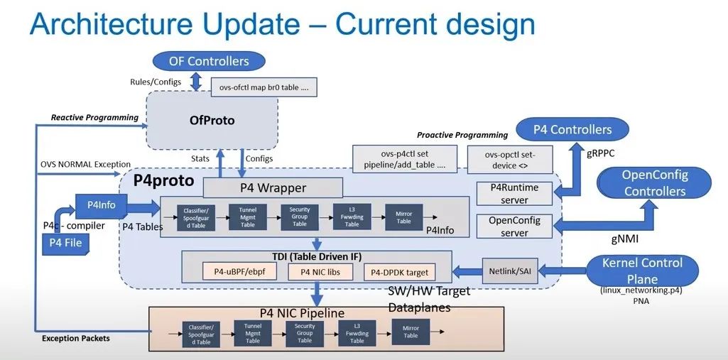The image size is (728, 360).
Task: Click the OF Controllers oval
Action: coord(209,61)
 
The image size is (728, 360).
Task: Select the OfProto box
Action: coord(211,120)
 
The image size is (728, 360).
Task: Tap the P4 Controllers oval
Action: coord(572,130)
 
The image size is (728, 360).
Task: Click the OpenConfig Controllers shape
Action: coord(654,183)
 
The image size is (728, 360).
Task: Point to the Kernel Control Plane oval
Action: coord(641,271)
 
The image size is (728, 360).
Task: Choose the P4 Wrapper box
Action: coord(273,188)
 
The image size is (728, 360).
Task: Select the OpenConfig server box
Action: coord(514,227)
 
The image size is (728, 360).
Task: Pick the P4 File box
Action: coord(65,243)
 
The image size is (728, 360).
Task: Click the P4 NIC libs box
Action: coord(320,271)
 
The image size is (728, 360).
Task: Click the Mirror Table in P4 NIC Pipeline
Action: coord(411,331)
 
